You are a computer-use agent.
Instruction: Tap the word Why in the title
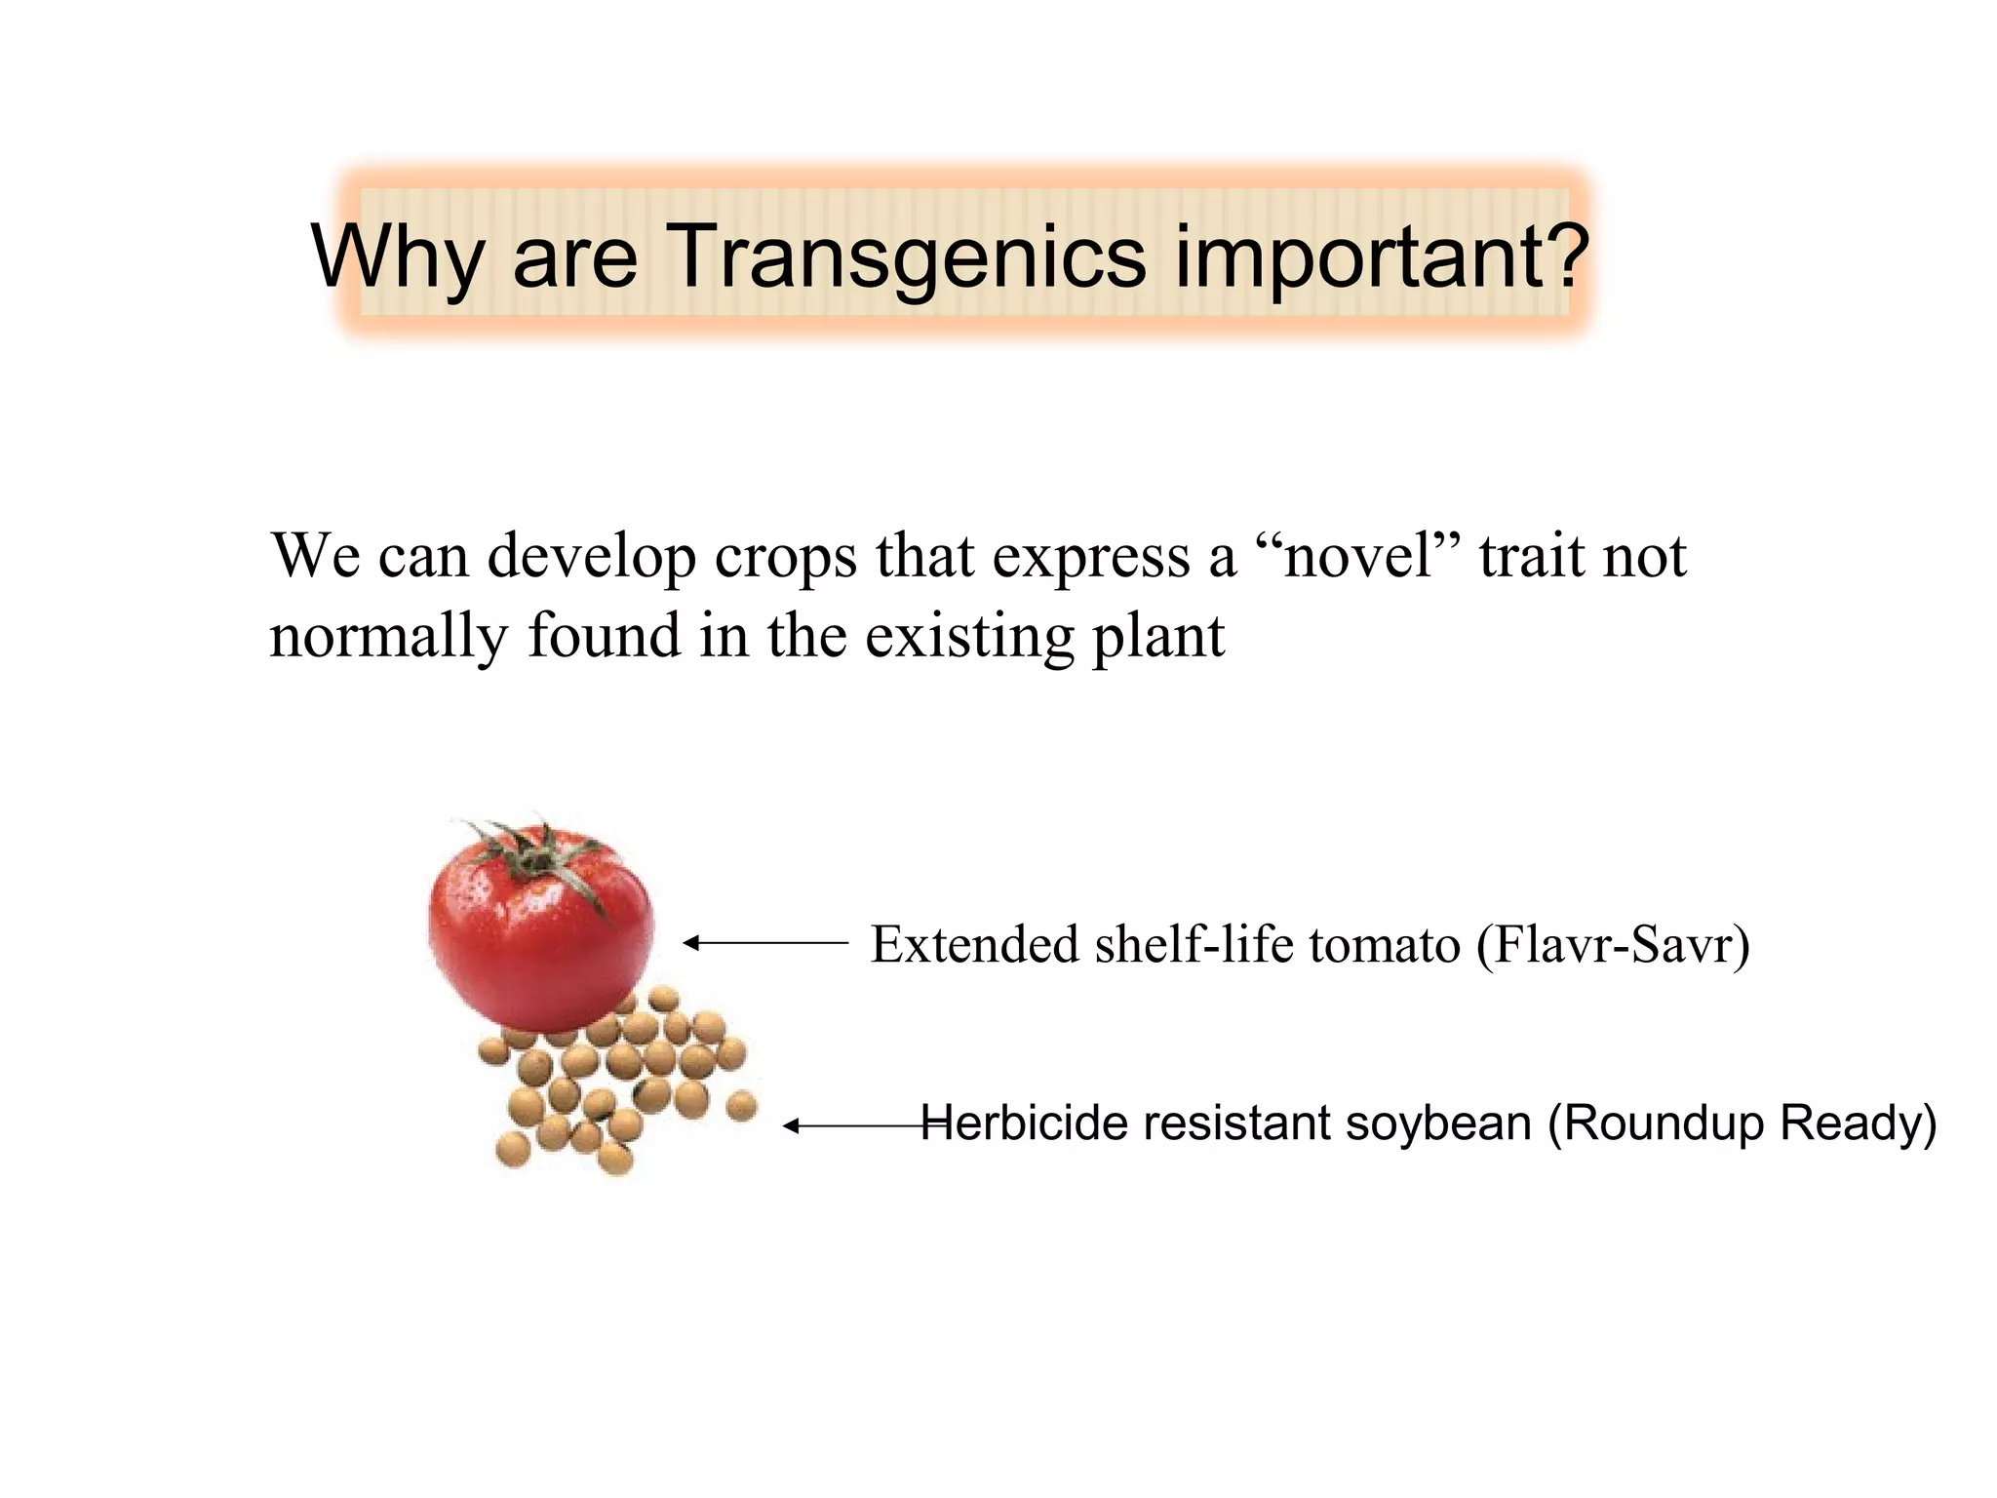[x=396, y=256]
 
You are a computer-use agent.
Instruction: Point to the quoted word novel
[x=1357, y=556]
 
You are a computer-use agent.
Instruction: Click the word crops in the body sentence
[x=786, y=558]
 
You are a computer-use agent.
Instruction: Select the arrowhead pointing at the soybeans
[x=791, y=1126]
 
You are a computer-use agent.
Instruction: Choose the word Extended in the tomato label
[x=974, y=944]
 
